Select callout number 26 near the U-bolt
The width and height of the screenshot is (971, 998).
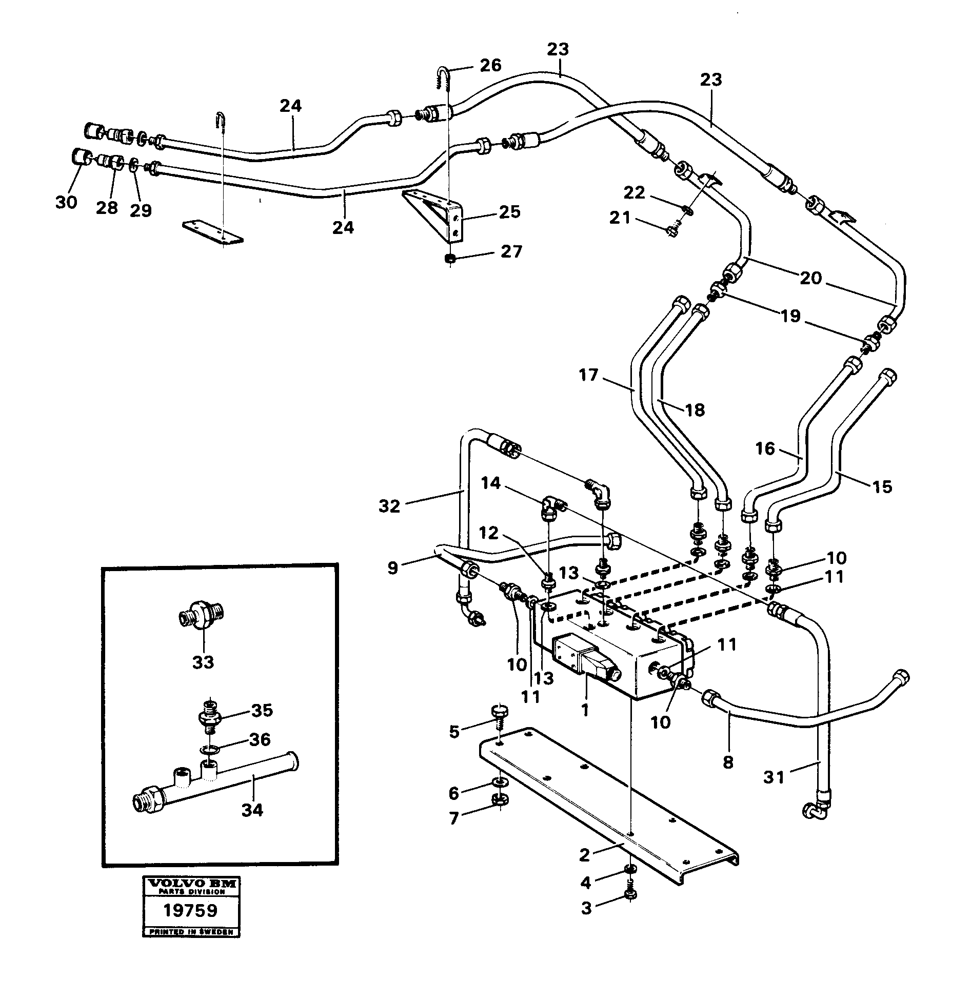click(x=490, y=66)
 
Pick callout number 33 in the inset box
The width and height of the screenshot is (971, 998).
click(x=203, y=662)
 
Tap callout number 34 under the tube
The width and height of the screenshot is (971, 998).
click(x=252, y=810)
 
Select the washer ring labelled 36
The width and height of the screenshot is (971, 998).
click(x=210, y=750)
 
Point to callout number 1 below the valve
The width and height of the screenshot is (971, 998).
click(x=584, y=710)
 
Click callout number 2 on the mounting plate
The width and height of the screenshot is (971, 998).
click(x=585, y=855)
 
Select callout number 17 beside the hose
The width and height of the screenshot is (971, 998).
click(x=588, y=376)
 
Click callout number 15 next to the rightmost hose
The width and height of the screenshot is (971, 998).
click(x=882, y=486)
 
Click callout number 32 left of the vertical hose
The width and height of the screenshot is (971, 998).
click(x=389, y=506)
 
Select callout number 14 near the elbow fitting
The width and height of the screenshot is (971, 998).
click(x=491, y=483)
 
